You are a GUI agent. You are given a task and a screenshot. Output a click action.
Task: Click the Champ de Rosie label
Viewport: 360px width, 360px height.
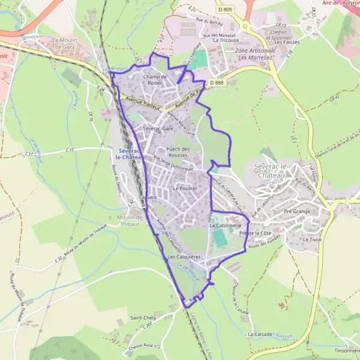[x=155, y=80]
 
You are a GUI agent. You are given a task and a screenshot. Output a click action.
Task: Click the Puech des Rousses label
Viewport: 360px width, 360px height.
[x=178, y=152]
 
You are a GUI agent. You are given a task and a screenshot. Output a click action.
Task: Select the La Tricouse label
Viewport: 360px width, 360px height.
[x=226, y=40]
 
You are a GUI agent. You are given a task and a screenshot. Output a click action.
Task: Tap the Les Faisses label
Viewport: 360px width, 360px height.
[x=287, y=43]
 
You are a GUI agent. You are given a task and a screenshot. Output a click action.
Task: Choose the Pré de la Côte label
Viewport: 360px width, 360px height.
[x=255, y=232]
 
